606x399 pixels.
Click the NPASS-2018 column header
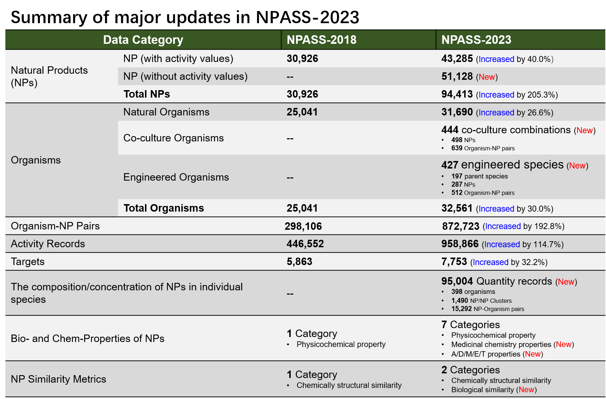point(321,40)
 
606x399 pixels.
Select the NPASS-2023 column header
point(476,40)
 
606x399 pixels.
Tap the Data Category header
point(143,40)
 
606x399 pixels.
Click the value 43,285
point(457,59)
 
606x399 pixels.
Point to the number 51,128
point(457,77)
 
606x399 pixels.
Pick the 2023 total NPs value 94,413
point(457,94)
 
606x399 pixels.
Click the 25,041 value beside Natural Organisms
point(302,112)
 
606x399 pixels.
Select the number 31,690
point(457,112)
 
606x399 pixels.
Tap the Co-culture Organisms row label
point(173,138)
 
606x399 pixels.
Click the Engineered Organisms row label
point(176,177)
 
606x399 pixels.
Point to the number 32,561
point(457,208)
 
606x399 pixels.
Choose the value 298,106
point(303,226)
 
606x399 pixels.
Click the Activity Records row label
point(48,244)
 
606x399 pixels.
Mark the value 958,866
point(460,244)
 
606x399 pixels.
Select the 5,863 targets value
point(299,262)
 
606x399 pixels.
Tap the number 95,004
point(457,281)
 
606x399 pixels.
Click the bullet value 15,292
point(461,309)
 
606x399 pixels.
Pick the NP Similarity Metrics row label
point(58,379)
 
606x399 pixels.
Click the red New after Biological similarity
point(526,390)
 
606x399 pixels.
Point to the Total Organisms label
point(164,208)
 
